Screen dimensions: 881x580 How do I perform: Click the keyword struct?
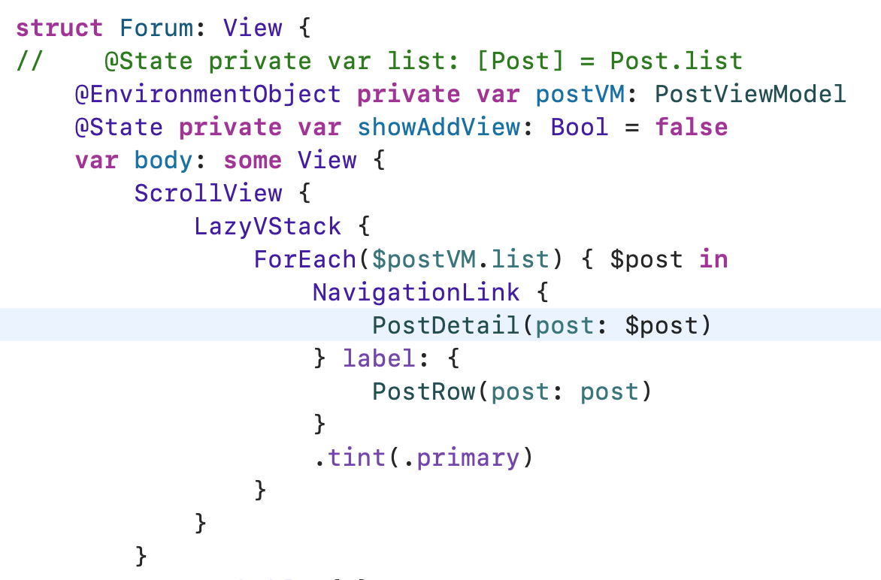coord(59,28)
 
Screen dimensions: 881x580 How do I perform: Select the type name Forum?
coord(156,28)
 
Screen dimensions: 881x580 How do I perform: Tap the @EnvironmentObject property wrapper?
coord(207,94)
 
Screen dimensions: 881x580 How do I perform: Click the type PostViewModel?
coord(750,94)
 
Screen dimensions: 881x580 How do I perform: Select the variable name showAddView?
coord(439,127)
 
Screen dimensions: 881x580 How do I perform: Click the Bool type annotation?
coord(580,127)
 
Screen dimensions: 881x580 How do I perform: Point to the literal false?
coord(691,127)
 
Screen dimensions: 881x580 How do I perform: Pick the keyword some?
coord(253,160)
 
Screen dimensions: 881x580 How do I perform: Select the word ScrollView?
coord(208,193)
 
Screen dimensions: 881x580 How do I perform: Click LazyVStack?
coord(268,226)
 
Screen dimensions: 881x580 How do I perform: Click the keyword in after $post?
coord(713,259)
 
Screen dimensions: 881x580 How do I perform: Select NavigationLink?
coord(416,292)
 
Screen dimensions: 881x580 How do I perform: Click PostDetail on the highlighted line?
coord(446,325)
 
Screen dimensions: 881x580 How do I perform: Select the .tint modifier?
coord(349,458)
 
